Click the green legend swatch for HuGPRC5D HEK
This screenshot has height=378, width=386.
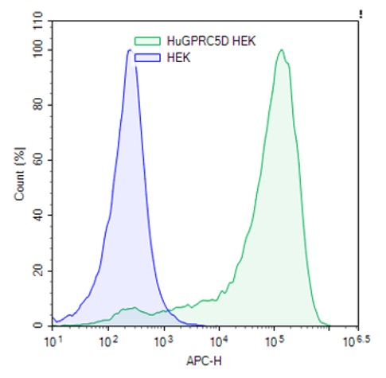click(147, 40)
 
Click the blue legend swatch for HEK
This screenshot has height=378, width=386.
click(147, 57)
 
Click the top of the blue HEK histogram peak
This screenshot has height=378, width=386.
click(130, 51)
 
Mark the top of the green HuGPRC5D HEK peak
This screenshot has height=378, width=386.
click(281, 51)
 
